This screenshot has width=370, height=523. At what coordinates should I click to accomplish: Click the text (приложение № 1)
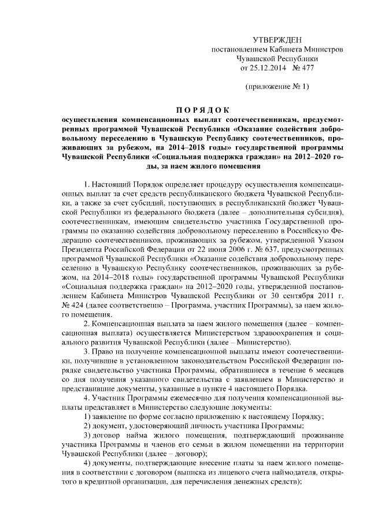point(277,87)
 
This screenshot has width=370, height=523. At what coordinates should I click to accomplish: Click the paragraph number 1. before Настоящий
point(87,184)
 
